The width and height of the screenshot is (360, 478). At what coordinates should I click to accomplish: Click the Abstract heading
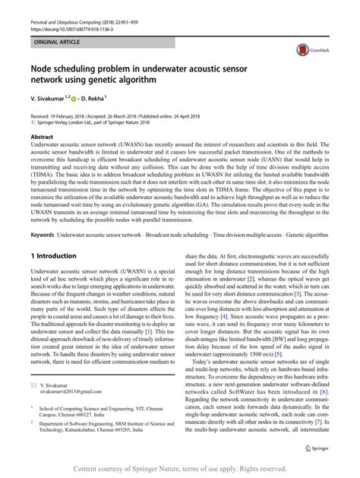41,136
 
